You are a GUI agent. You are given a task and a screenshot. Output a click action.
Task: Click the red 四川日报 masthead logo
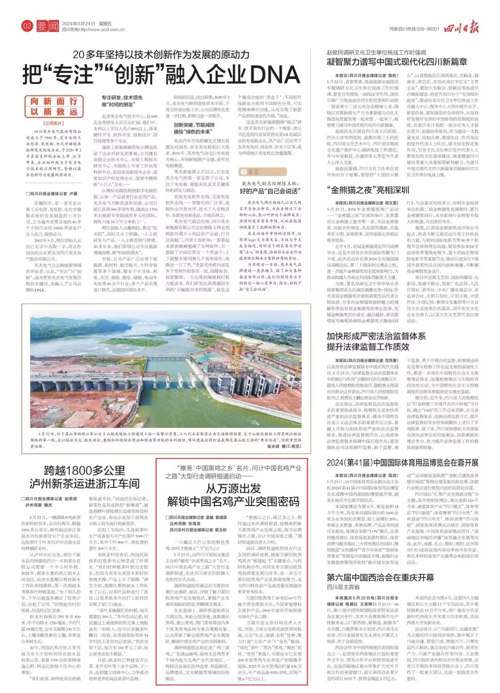(462, 28)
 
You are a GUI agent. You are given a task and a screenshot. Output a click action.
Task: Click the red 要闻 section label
(48, 27)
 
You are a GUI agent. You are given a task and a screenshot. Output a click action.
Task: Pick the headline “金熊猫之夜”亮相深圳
(368, 190)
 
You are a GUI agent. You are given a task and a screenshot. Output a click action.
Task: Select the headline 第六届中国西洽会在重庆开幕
(380, 577)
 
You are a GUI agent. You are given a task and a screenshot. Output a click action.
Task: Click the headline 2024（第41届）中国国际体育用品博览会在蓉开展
(402, 462)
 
